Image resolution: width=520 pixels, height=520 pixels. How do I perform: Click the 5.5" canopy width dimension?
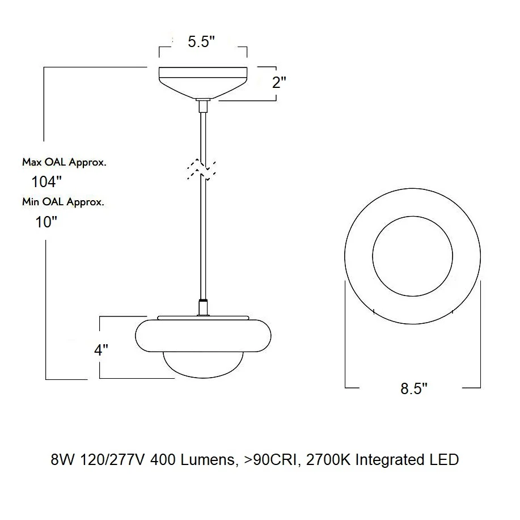point(201,42)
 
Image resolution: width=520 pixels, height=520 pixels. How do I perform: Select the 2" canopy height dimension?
point(279,82)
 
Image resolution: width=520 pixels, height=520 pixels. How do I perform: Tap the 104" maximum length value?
point(46,181)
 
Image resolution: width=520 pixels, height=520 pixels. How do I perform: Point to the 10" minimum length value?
point(46,222)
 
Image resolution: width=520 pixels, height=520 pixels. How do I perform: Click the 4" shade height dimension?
point(101,350)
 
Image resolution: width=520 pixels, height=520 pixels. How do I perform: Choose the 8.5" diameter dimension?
point(414,388)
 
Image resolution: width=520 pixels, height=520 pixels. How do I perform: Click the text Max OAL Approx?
point(64,162)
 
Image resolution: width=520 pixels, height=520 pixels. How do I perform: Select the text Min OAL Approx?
point(63,202)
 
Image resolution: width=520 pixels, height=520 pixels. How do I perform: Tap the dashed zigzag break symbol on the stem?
point(201,169)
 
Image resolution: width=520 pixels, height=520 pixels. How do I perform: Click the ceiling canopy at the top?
point(203,83)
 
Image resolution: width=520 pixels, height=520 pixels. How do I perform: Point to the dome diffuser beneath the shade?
point(203,365)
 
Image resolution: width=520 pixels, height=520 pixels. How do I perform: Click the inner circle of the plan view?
point(413,216)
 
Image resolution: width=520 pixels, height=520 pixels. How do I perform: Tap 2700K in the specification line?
point(328,460)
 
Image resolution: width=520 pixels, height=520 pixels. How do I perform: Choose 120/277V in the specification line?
point(112,460)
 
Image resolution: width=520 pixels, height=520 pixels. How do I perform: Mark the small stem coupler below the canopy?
point(203,105)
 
